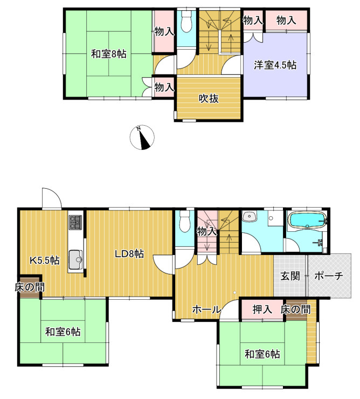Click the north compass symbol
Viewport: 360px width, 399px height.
[143, 137]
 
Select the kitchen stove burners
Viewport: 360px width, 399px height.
[74, 222]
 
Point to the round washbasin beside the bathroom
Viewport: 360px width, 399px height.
[250, 217]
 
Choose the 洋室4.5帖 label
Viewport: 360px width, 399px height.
[275, 65]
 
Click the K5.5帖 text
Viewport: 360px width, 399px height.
[44, 260]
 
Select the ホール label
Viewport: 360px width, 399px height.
[206, 309]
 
